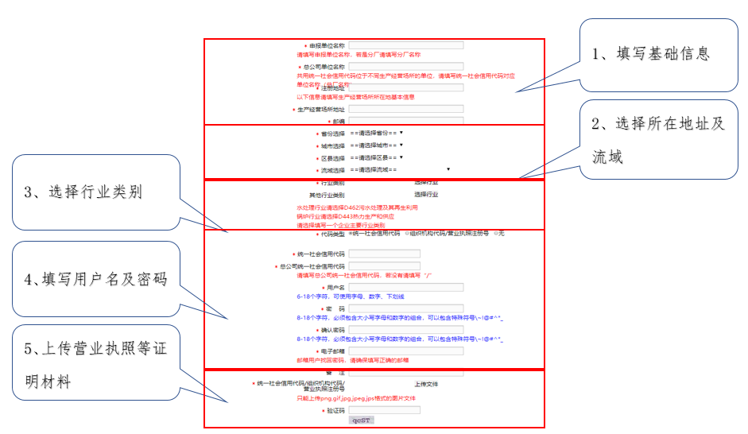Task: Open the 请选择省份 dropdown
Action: click(x=377, y=133)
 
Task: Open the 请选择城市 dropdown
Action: click(x=377, y=145)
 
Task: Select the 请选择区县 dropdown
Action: click(x=377, y=158)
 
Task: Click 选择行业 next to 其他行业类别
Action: click(x=426, y=194)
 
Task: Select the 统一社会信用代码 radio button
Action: click(x=351, y=234)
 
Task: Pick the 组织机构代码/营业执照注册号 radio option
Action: click(x=407, y=234)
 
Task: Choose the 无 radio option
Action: click(x=495, y=234)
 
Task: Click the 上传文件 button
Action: click(x=426, y=384)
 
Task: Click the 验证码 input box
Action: click(x=384, y=410)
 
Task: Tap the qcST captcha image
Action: click(x=362, y=420)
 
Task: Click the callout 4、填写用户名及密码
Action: click(x=95, y=279)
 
